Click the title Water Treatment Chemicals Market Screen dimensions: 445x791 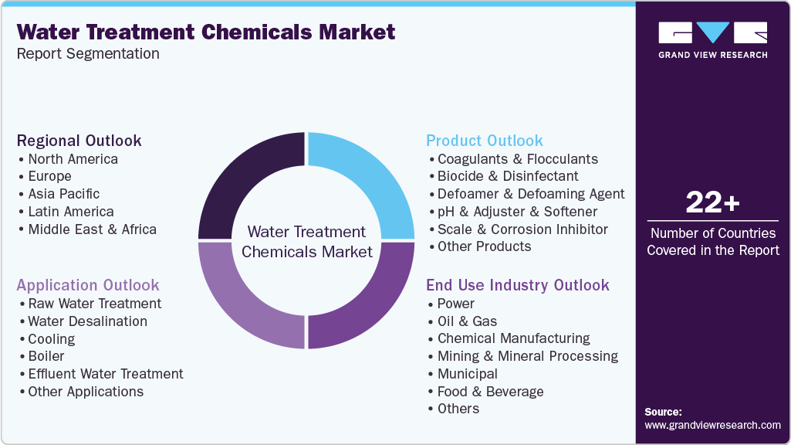coord(206,32)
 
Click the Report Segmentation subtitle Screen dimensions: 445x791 coord(88,54)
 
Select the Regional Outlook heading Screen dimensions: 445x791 coord(79,141)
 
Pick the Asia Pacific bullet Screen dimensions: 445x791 coord(63,194)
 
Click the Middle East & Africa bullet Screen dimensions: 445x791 coord(92,229)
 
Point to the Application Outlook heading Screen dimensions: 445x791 coord(88,285)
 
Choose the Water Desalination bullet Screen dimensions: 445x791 coord(87,321)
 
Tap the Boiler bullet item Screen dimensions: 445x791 coord(46,356)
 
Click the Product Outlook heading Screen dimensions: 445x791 coord(485,141)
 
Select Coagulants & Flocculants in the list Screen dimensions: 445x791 coord(517,159)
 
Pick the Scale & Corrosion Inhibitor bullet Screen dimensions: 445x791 coord(522,229)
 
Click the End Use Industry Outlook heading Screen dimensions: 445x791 coord(518,285)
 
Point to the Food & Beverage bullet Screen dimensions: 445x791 coord(490,392)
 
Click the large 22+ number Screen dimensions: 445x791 coord(712,203)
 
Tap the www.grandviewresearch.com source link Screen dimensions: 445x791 coord(712,425)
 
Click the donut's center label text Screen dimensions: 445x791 coord(307,242)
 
